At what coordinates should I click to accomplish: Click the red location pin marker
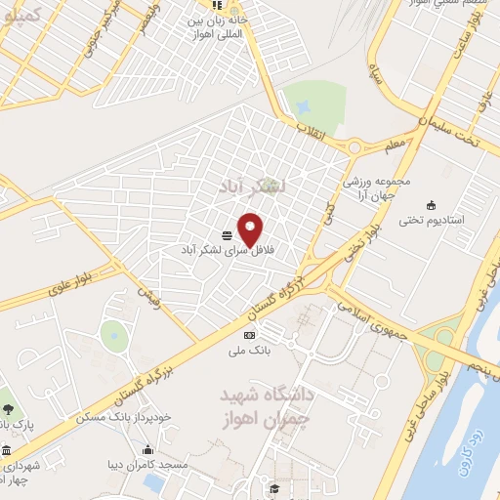pyautogui.click(x=251, y=229)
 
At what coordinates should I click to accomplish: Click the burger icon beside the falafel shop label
pyautogui.click(x=227, y=235)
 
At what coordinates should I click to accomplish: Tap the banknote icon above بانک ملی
pyautogui.click(x=248, y=335)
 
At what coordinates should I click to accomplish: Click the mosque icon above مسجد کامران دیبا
pyautogui.click(x=147, y=450)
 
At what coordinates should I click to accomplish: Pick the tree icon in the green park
pyautogui.click(x=7, y=407)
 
